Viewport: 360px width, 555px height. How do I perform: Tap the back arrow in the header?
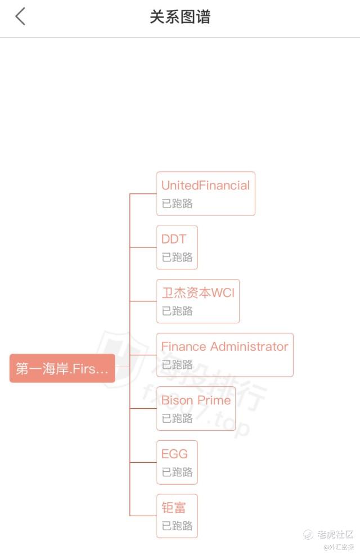[20, 17]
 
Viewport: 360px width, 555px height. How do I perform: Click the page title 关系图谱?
[180, 17]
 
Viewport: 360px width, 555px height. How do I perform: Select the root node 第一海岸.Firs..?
[62, 368]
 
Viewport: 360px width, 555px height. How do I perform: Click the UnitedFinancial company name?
[205, 186]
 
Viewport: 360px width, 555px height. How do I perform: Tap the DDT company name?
[174, 239]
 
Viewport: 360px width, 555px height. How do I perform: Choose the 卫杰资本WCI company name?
[198, 292]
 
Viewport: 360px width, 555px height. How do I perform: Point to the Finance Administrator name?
[224, 346]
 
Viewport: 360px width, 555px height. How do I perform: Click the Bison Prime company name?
[196, 400]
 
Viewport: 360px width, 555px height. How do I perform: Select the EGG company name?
[175, 454]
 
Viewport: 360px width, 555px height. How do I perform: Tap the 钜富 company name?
[174, 508]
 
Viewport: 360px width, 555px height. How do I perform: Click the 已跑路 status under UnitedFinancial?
[177, 204]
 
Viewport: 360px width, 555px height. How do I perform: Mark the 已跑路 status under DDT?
[177, 257]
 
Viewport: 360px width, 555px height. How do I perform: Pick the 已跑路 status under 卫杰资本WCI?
[177, 311]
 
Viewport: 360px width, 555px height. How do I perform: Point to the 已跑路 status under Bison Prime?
[177, 418]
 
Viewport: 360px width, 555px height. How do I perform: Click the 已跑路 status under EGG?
[177, 472]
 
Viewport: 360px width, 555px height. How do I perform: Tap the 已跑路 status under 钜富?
[177, 526]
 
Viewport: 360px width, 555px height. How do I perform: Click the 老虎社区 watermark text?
[335, 534]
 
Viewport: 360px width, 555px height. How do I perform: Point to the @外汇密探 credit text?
[338, 547]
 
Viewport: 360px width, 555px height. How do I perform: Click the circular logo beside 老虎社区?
[308, 534]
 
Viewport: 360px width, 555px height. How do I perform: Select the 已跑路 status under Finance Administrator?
[177, 364]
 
